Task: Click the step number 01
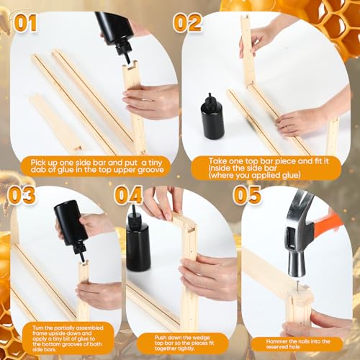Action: click(25, 23)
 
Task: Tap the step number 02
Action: click(187, 23)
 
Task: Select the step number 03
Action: click(22, 195)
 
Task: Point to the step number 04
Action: click(129, 195)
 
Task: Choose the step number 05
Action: click(247, 195)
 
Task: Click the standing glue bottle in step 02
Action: click(212, 117)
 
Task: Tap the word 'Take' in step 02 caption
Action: click(217, 161)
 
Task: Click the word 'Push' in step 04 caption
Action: click(161, 338)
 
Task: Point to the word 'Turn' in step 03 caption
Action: click(37, 328)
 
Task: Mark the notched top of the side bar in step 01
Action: click(130, 66)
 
